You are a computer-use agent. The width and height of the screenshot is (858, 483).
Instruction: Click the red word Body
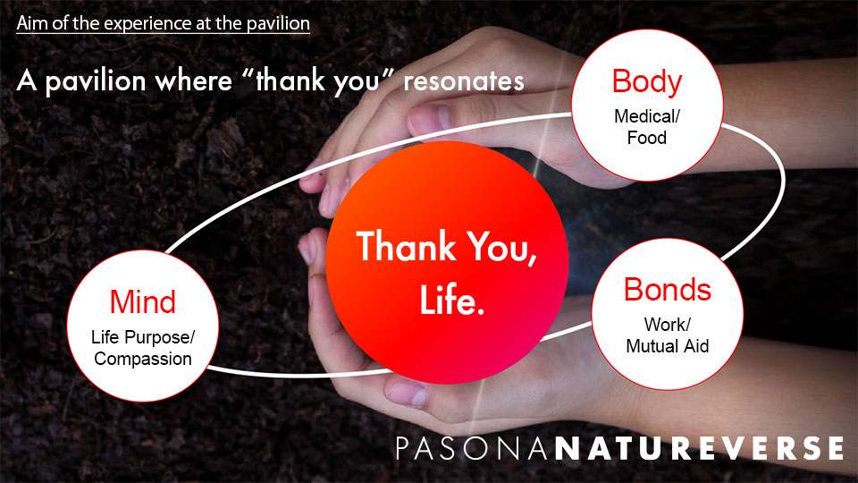646,82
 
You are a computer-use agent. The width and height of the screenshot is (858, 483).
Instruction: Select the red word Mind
142,301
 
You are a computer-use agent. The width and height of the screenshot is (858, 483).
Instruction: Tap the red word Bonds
668,290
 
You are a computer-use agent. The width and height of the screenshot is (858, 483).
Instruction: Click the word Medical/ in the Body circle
646,116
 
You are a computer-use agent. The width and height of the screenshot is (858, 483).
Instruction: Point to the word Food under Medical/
646,138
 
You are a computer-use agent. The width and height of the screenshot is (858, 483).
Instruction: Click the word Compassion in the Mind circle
143,359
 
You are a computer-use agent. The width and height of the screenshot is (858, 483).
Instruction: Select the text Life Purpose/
143,338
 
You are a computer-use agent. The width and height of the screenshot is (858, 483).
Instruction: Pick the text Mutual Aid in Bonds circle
668,345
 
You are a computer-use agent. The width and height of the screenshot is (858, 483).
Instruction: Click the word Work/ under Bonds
668,324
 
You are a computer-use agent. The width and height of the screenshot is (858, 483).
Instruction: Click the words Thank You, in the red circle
447,246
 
